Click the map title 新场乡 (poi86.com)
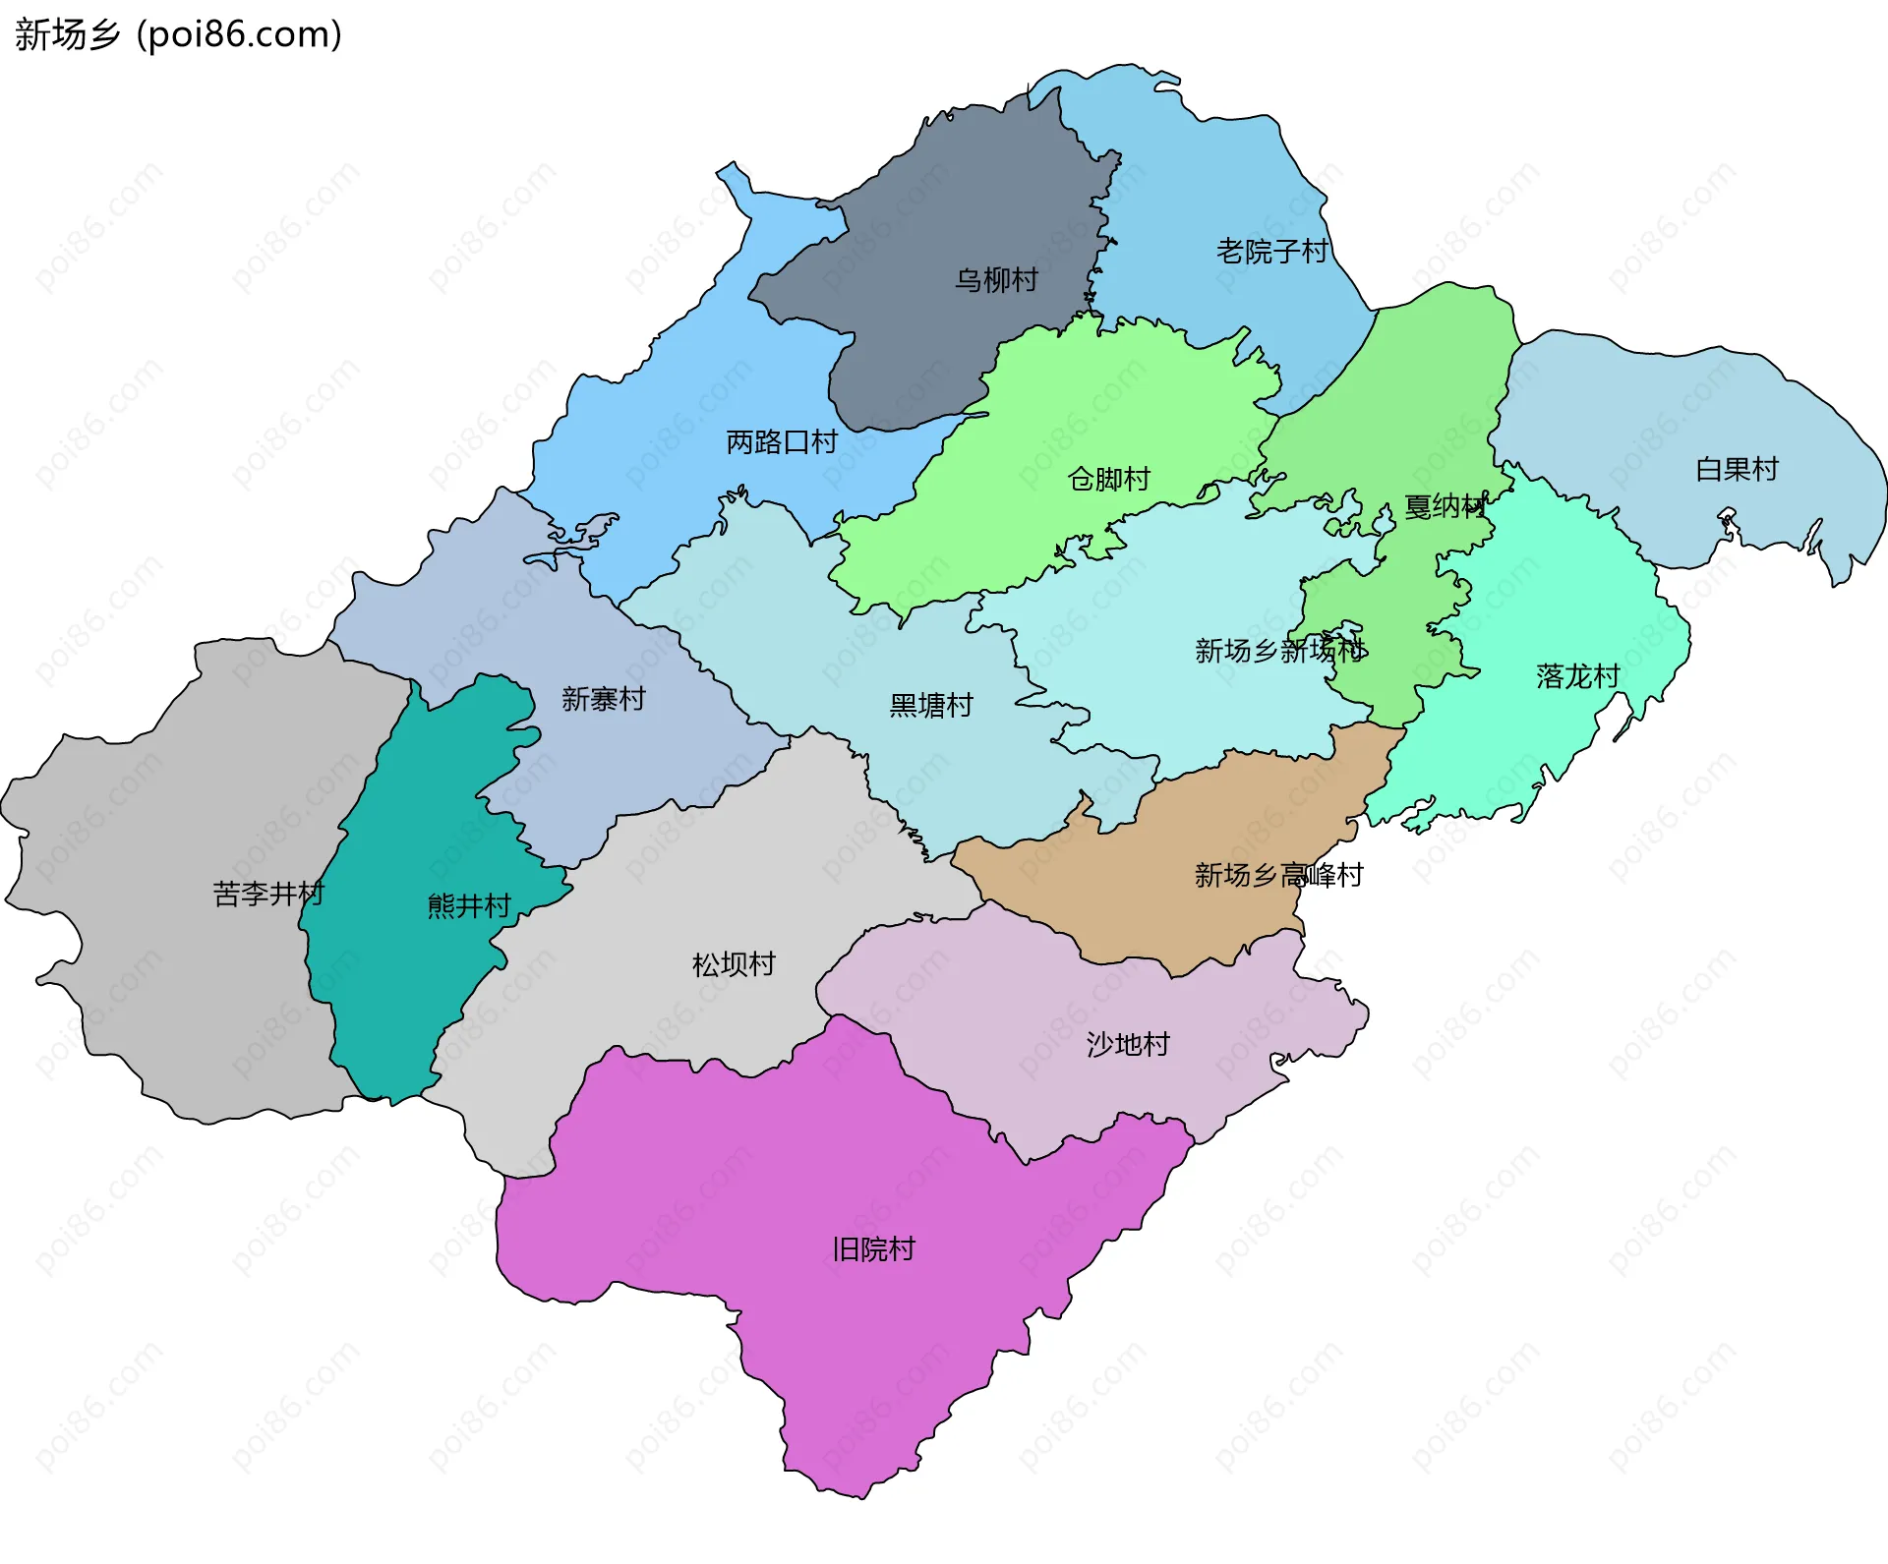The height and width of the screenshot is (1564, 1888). tap(178, 34)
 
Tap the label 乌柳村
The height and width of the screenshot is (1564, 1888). tap(996, 280)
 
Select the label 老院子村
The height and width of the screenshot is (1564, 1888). tap(1271, 252)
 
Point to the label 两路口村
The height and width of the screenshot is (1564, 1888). tap(782, 442)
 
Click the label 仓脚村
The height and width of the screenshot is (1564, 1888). tap(1109, 479)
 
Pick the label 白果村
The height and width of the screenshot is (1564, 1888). tap(1737, 469)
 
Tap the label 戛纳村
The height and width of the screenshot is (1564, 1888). tap(1445, 506)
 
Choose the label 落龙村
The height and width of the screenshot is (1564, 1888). tap(1577, 676)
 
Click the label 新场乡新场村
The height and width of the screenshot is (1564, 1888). tap(1279, 650)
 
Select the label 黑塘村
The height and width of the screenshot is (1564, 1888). tap(930, 705)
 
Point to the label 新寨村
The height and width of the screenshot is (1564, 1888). tap(603, 699)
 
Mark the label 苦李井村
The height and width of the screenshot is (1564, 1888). tap(267, 894)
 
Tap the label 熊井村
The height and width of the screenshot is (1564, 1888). tap(469, 905)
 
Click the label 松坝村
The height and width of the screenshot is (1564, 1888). tap(734, 964)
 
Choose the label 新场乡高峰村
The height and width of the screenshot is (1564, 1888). tap(1278, 875)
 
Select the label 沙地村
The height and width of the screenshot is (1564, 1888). tap(1128, 1044)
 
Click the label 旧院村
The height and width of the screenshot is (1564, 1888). tap(873, 1249)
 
